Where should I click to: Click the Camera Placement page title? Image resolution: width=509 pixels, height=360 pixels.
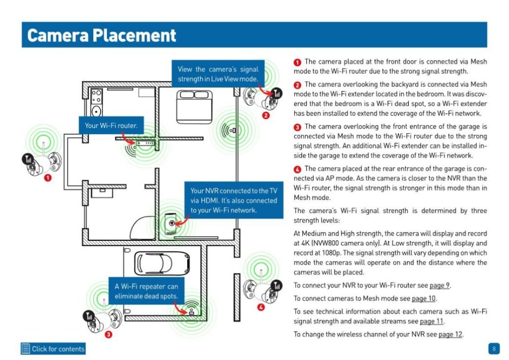click(102, 35)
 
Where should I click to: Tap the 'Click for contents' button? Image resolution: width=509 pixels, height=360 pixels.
click(53, 349)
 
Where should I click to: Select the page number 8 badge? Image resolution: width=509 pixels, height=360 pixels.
click(493, 349)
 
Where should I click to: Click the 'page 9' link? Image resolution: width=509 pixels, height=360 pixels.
click(439, 285)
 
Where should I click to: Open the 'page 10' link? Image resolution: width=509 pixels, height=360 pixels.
click(424, 298)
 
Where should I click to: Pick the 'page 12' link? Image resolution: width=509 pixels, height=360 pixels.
click(450, 334)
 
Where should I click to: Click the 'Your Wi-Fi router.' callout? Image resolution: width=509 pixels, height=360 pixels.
click(111, 126)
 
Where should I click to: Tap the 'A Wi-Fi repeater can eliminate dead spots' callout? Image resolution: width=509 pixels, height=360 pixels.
click(146, 291)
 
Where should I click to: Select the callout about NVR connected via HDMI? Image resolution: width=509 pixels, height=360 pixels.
click(233, 200)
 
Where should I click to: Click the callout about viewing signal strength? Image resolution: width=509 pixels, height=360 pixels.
click(218, 74)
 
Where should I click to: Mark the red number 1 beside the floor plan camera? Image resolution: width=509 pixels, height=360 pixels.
click(47, 178)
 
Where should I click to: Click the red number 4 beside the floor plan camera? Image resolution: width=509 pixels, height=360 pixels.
click(260, 307)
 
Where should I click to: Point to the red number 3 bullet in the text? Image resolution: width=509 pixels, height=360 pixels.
click(297, 127)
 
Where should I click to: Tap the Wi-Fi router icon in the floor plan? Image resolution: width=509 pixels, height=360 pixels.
click(145, 143)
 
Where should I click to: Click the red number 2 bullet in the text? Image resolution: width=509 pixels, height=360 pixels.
click(297, 85)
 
